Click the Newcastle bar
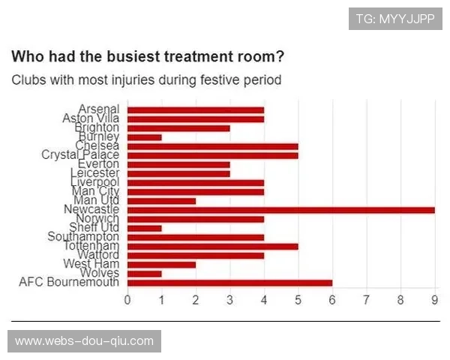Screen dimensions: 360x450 click(x=280, y=209)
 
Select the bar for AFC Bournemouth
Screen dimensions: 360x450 click(x=229, y=282)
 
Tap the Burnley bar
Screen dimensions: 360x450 click(x=144, y=137)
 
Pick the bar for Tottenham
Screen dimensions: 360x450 click(x=212, y=246)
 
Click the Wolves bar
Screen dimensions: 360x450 click(x=144, y=273)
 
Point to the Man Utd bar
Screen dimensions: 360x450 click(x=161, y=200)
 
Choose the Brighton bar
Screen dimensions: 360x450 click(x=178, y=128)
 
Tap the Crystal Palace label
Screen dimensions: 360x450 click(x=80, y=155)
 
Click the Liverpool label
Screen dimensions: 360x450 click(x=94, y=182)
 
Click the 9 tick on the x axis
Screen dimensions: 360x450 click(x=434, y=300)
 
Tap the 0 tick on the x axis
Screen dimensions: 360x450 click(x=127, y=300)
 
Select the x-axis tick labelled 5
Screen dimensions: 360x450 click(x=298, y=300)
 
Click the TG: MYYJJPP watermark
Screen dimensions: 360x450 click(x=395, y=19)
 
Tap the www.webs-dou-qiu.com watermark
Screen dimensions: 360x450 click(x=84, y=341)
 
